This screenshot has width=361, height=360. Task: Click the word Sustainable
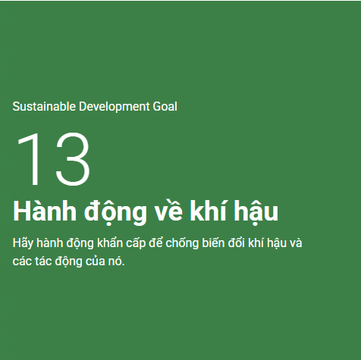44,106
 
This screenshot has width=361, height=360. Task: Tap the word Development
115,107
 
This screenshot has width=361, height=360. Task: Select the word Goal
165,106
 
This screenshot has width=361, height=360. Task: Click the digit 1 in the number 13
29,158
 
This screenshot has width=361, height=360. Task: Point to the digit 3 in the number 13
73,159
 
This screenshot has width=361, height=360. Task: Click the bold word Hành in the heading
45,211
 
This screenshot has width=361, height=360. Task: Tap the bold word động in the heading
115,212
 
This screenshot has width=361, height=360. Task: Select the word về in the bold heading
168,211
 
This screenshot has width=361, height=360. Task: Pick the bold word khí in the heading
209,211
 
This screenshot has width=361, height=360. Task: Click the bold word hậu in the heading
256,212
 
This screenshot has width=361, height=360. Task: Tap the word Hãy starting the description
23,243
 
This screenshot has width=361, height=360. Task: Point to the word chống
182,243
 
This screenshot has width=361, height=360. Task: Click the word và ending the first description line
296,243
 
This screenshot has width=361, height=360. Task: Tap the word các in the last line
22,261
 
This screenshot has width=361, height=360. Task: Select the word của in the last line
96,261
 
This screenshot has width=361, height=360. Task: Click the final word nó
117,261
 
